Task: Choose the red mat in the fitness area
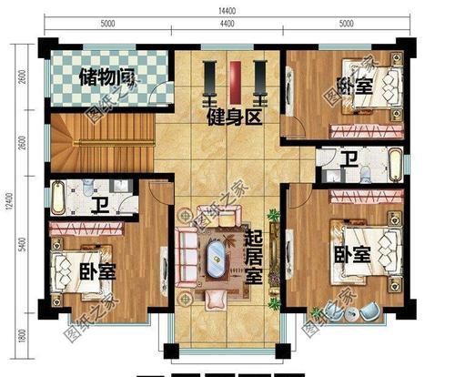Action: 235,83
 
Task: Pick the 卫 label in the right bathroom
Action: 349,162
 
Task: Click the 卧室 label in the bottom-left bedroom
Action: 96,271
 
